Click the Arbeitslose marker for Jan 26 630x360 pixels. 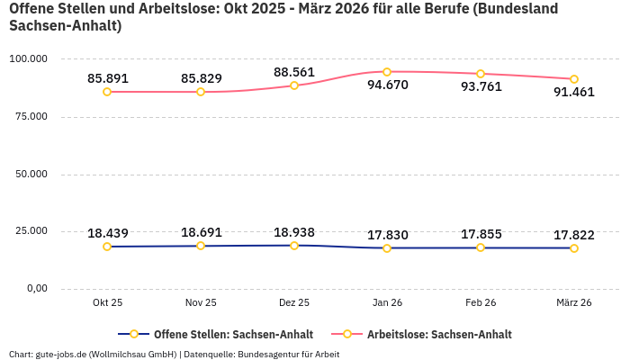tap(387, 72)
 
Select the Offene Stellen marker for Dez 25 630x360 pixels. tap(294, 246)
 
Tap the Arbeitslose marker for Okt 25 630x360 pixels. tap(107, 92)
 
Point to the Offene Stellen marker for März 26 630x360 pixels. tap(573, 248)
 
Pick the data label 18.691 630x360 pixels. tap(201, 232)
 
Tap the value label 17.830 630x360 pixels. tap(388, 235)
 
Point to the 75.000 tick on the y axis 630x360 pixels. tap(28, 117)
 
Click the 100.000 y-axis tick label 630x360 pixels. tap(27, 59)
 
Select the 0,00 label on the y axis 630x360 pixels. tap(32, 289)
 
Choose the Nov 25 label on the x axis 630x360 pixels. tap(201, 303)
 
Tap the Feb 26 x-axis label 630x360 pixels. tap(481, 303)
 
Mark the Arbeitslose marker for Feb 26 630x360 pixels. tap(481, 74)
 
